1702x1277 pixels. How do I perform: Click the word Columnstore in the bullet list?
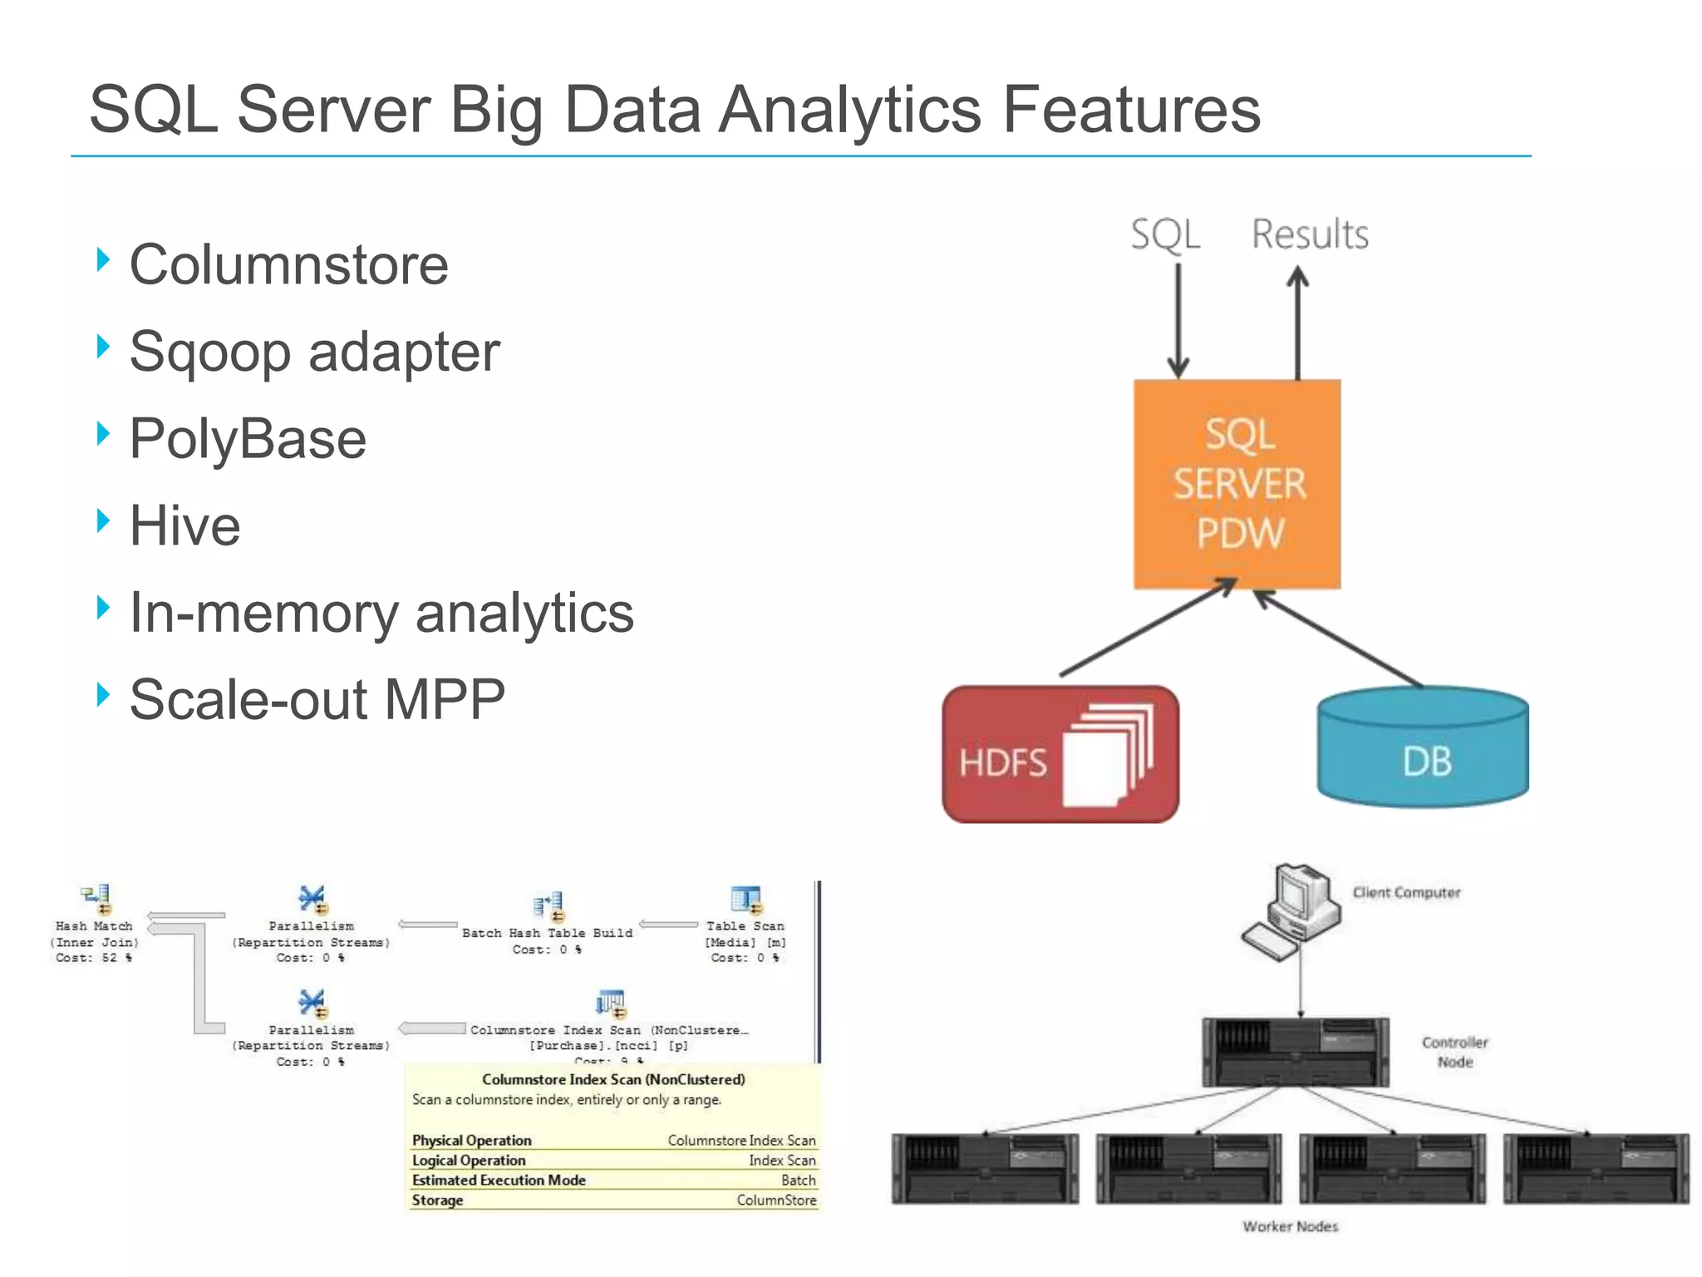(x=288, y=265)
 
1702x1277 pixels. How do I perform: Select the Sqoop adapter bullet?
(x=314, y=352)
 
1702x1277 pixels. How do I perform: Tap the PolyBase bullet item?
(x=248, y=439)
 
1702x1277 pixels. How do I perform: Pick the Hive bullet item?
(x=184, y=526)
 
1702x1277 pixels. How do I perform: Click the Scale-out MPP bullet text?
(x=317, y=700)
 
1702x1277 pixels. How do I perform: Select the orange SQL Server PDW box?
(x=1237, y=485)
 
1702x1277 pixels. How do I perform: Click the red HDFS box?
(x=1060, y=755)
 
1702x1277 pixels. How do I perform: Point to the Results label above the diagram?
(x=1310, y=234)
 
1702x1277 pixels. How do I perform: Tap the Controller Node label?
(x=1454, y=1052)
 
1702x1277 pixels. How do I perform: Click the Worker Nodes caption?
(x=1290, y=1226)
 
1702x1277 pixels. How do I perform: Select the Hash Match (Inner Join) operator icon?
(x=96, y=899)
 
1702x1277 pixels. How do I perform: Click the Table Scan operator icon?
(x=745, y=900)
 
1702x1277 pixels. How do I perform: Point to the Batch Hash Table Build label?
(x=547, y=933)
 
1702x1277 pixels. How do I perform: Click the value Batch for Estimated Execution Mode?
(x=798, y=1181)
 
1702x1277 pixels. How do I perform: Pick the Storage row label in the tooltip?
(x=437, y=1201)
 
